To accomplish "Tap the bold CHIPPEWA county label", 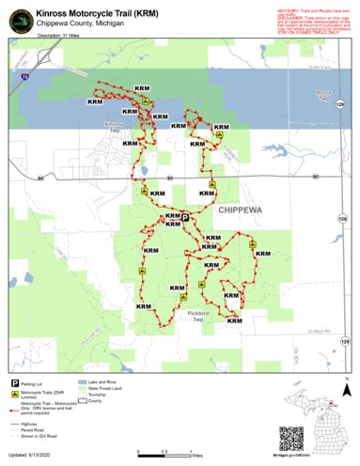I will [242, 212].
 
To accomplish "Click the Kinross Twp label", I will [115, 127].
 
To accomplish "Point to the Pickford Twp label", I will [196, 317].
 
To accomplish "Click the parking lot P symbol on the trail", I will [184, 216].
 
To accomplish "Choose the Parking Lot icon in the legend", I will [16, 383].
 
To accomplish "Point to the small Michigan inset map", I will [335, 432].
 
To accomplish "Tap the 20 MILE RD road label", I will [321, 333].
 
